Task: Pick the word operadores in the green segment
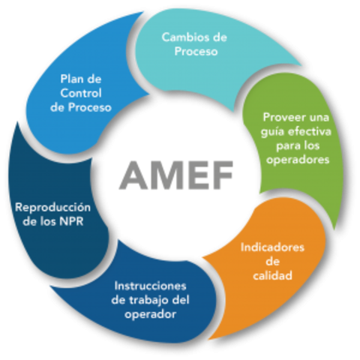click(x=296, y=160)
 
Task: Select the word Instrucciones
click(x=150, y=286)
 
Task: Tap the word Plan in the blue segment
click(x=70, y=79)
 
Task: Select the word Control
click(x=82, y=93)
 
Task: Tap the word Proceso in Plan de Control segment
click(x=92, y=107)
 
